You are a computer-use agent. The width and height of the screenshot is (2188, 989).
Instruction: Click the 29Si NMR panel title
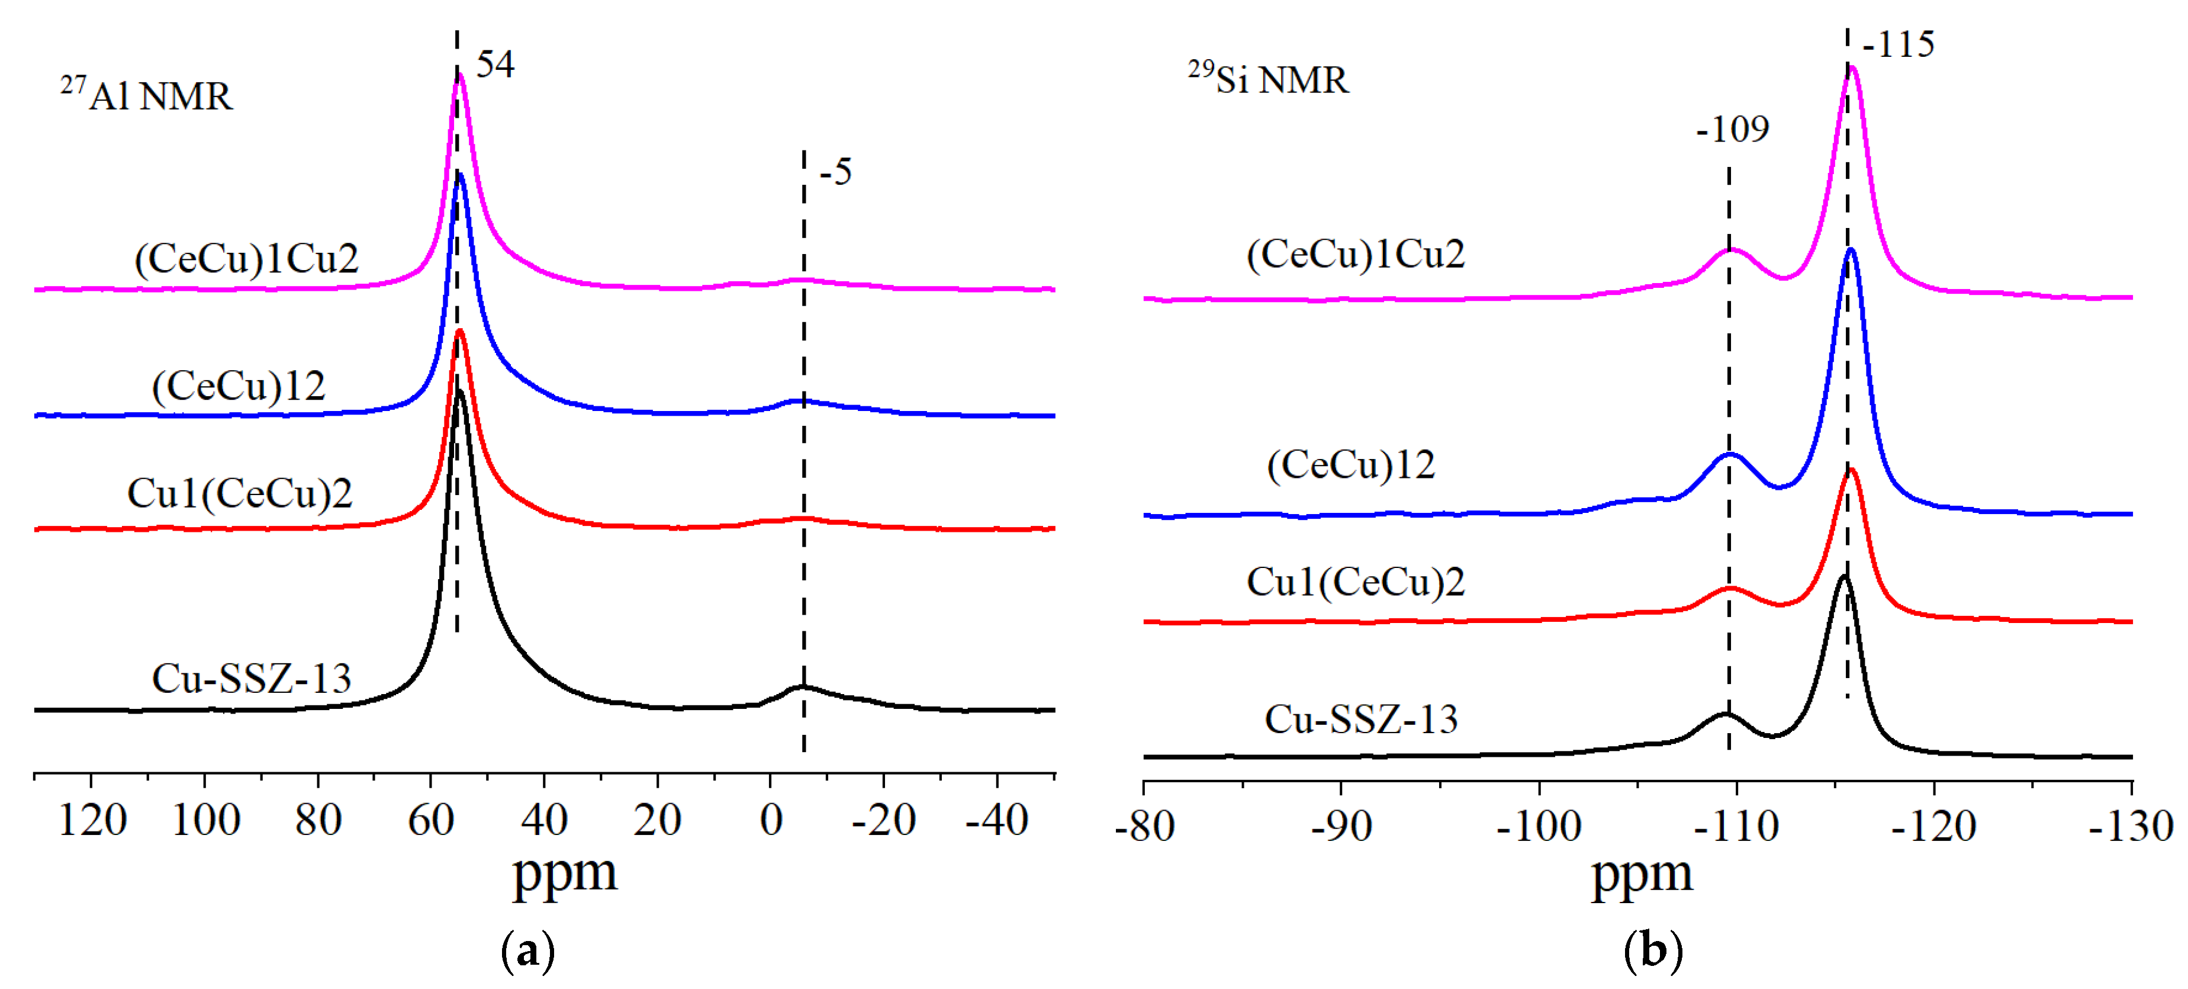(1267, 79)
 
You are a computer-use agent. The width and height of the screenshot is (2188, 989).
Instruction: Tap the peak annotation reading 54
(495, 65)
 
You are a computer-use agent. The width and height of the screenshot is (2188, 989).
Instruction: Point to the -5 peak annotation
(836, 172)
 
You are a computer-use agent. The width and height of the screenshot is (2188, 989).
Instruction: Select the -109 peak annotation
(1733, 129)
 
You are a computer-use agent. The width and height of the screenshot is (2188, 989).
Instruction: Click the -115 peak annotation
(1899, 44)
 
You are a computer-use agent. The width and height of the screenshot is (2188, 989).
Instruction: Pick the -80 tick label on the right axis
(1144, 827)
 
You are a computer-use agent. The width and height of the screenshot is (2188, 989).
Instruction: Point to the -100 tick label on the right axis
(1539, 827)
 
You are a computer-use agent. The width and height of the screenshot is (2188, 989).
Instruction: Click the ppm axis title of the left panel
(565, 872)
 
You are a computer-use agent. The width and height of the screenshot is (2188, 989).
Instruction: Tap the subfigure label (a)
(528, 952)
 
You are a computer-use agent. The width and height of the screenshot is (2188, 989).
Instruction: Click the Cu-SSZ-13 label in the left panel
(252, 679)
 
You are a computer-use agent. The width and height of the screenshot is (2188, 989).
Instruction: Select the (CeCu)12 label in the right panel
(1350, 465)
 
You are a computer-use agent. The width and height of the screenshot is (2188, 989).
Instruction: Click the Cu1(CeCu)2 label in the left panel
(240, 494)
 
